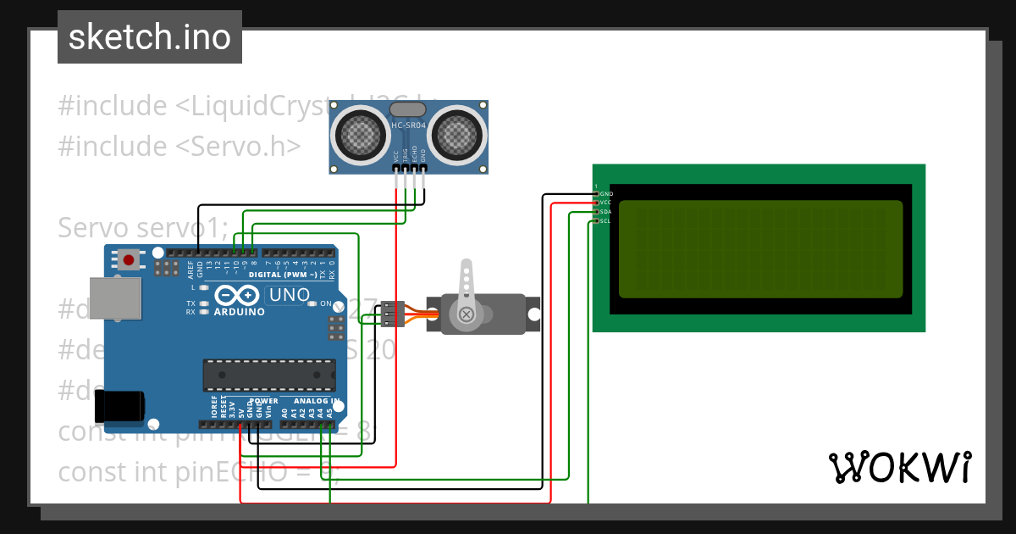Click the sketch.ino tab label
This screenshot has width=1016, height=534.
tap(149, 37)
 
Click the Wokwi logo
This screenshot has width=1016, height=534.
tap(899, 467)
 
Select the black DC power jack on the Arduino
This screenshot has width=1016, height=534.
tap(119, 407)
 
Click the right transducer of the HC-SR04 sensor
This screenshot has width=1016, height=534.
tap(458, 133)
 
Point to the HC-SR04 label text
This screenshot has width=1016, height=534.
tap(408, 125)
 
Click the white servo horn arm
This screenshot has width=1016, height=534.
tap(465, 292)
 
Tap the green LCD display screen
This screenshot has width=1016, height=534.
tap(760, 249)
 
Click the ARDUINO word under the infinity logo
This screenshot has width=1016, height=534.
tap(239, 311)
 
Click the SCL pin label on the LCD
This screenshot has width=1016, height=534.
tap(605, 221)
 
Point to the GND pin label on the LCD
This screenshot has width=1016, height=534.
tap(605, 194)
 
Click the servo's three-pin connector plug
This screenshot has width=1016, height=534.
tap(389, 314)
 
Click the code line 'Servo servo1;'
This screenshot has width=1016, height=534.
tap(142, 227)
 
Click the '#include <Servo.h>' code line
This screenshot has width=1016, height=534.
tap(179, 146)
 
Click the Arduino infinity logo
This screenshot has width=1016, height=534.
tap(237, 295)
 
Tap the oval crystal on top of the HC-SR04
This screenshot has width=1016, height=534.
tap(409, 109)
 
